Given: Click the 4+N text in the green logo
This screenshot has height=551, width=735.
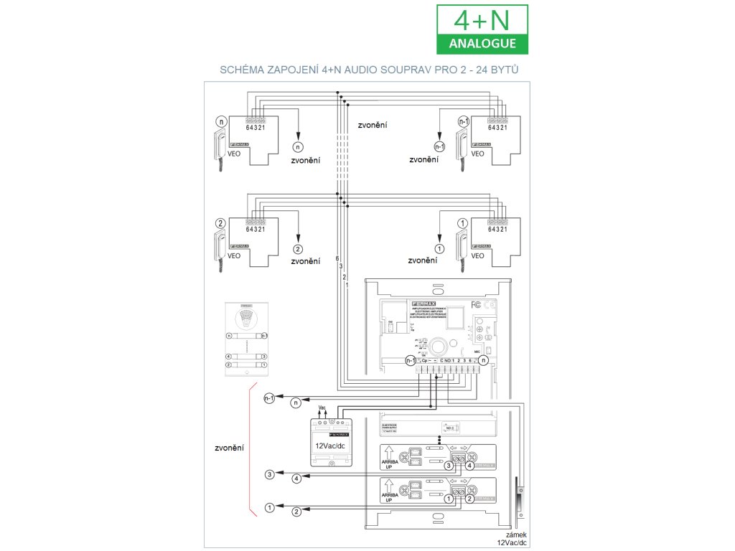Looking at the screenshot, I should pyautogui.click(x=482, y=19).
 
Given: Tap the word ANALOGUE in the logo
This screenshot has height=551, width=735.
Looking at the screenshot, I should pyautogui.click(x=482, y=43).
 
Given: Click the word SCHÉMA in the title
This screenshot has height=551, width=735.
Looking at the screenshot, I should pyautogui.click(x=244, y=71).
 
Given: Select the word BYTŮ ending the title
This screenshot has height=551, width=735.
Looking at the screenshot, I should pyautogui.click(x=503, y=71).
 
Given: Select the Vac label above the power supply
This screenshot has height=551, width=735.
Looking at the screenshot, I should pyautogui.click(x=322, y=407).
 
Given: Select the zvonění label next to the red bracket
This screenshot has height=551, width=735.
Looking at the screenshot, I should pyautogui.click(x=228, y=448).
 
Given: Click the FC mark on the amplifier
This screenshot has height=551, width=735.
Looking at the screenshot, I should pyautogui.click(x=475, y=303).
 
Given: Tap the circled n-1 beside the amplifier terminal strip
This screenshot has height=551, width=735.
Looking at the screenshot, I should pyautogui.click(x=410, y=360).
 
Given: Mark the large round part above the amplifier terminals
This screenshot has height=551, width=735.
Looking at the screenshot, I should pyautogui.click(x=436, y=346).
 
